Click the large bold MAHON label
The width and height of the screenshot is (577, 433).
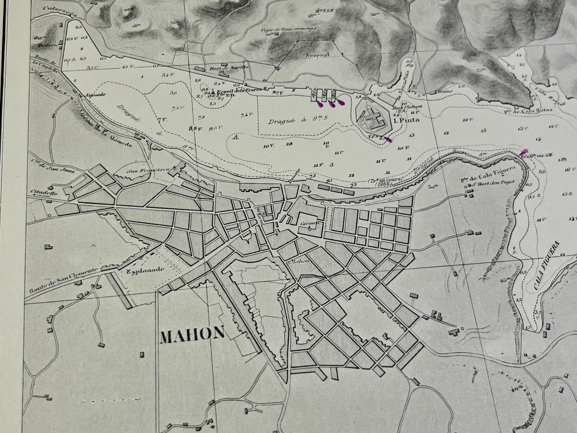tap(192, 334)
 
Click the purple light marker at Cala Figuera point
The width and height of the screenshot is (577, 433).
tap(523, 152)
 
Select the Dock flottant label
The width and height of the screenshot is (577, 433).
tap(403, 107)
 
